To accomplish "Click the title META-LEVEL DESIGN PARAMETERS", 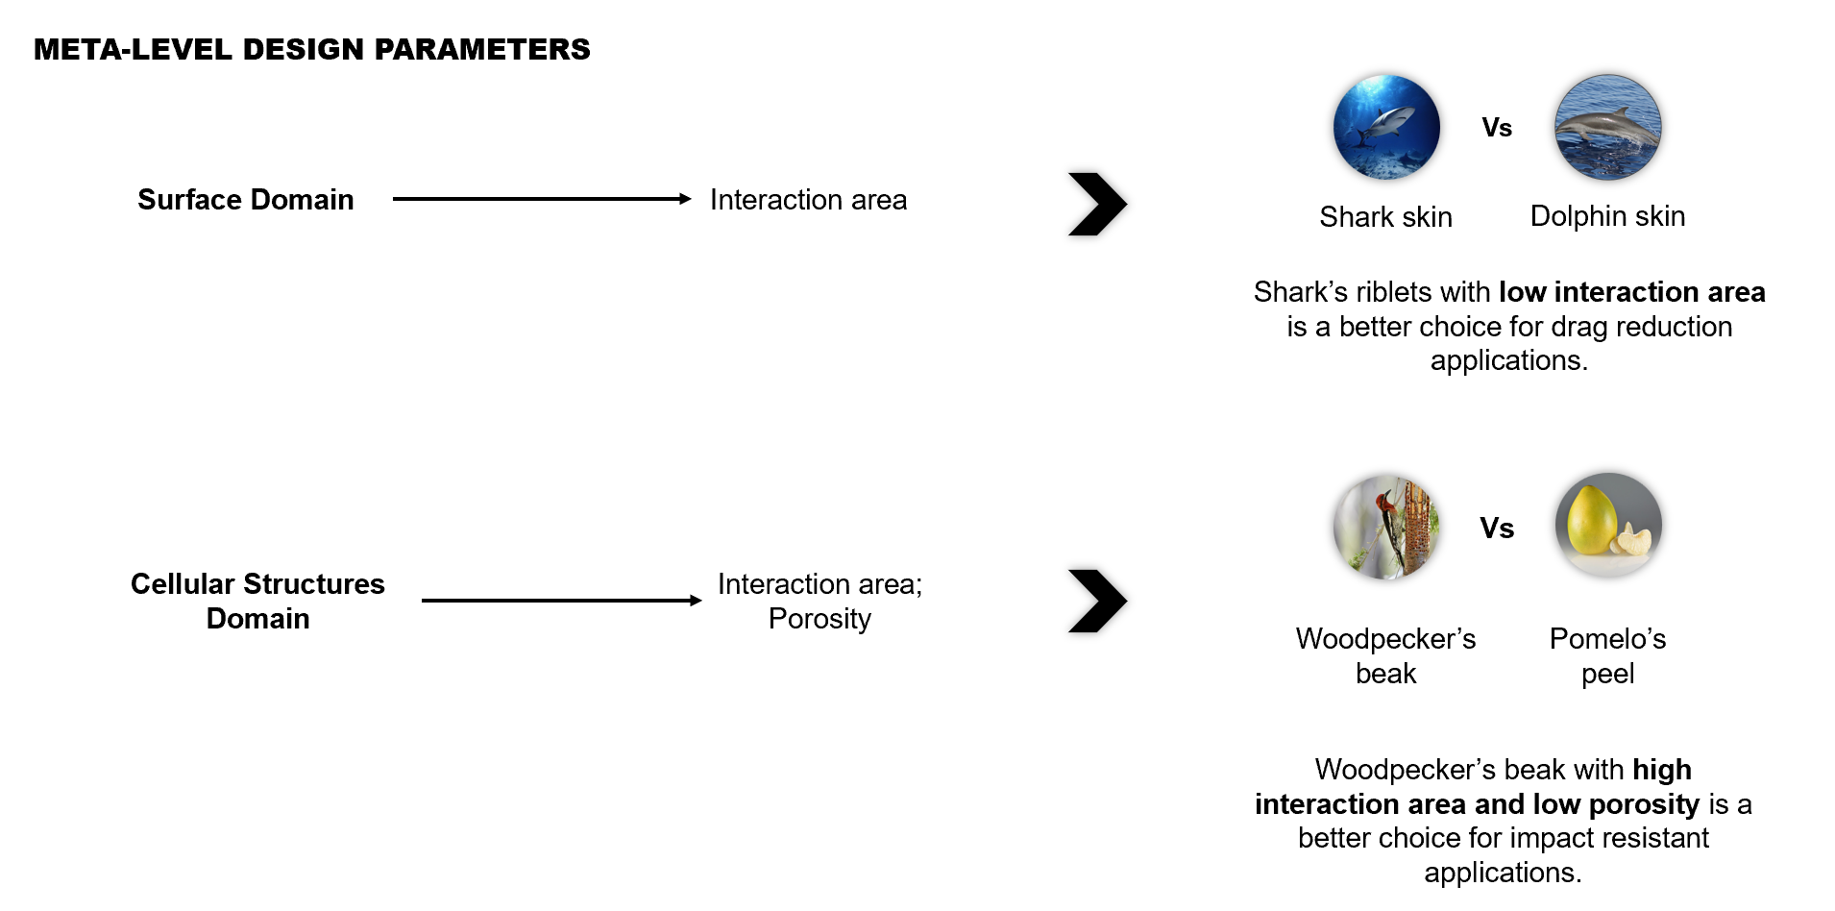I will tap(311, 49).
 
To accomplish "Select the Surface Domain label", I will tap(245, 199).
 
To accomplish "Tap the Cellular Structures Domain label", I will tap(257, 601).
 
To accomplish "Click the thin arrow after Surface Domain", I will tap(541, 199).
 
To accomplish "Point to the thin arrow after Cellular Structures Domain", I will tap(561, 601).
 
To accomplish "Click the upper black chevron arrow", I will tap(1097, 204).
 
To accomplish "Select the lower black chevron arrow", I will tap(1097, 602).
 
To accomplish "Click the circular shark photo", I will tap(1386, 127).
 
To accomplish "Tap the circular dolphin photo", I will tap(1607, 127).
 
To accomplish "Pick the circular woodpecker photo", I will tap(1386, 526).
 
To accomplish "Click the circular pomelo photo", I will tap(1608, 526).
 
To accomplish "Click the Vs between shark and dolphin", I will tap(1497, 128).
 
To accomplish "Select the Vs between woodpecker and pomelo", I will tap(1497, 528).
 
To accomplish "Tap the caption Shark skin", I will tap(1385, 217).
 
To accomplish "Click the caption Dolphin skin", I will tap(1607, 216).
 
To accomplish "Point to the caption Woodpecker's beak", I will tap(1385, 655).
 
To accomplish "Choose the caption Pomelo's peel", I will tap(1607, 655).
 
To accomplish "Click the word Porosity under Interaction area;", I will tap(820, 619).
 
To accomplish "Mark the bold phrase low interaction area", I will tap(1631, 291).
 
